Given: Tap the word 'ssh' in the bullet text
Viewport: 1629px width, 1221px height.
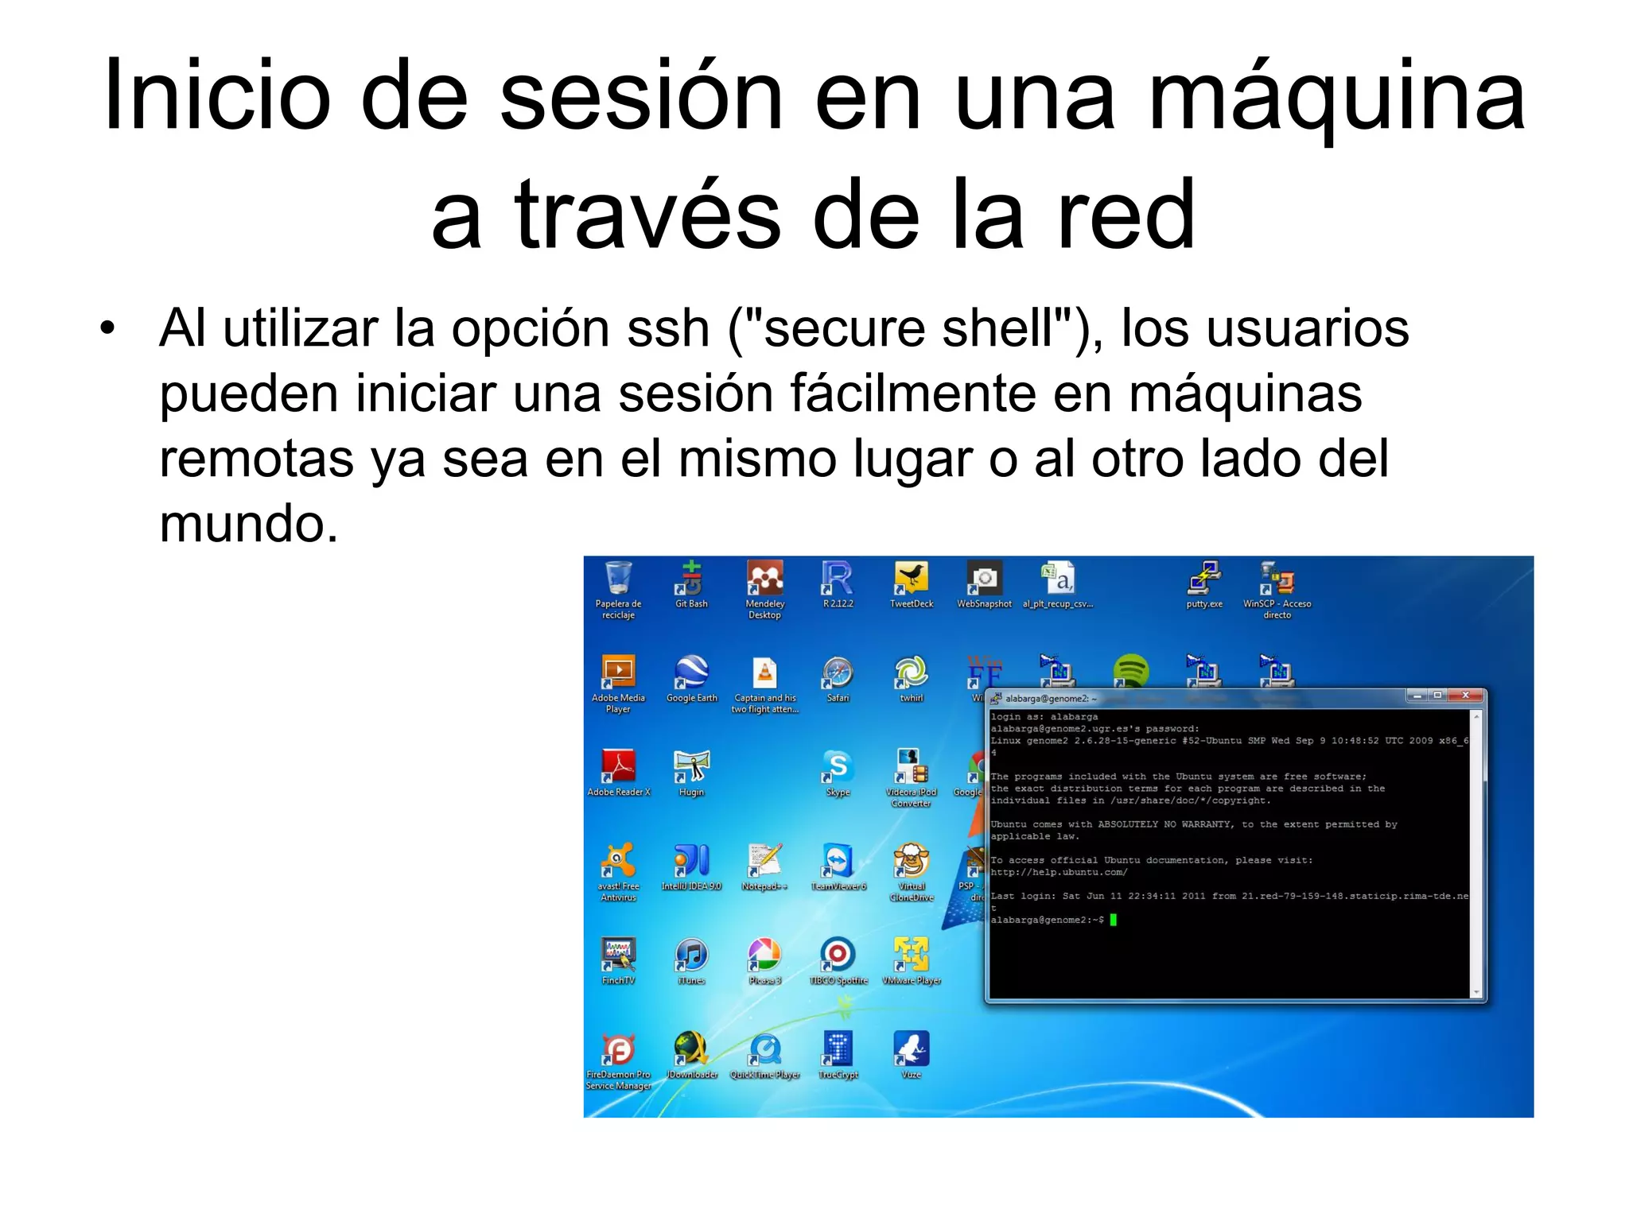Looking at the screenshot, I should point(667,328).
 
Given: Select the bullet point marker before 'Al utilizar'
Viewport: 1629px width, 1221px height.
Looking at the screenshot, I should point(107,328).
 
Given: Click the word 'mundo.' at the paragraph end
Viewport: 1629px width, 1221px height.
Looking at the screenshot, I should point(249,524).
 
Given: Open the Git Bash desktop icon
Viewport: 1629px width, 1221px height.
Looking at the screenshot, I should point(691,579).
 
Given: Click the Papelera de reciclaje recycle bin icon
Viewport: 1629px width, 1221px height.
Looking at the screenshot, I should point(618,579).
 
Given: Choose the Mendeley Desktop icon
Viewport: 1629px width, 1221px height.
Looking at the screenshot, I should point(764,579).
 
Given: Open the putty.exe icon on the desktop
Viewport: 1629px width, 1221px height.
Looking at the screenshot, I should point(1204,579).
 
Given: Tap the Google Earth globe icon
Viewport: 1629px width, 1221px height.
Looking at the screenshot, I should point(691,673).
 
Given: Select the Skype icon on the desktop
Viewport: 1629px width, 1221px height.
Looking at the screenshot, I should point(838,767).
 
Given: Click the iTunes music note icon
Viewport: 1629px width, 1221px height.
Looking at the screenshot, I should point(691,955).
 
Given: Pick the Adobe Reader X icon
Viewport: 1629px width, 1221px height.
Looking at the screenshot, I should point(618,767).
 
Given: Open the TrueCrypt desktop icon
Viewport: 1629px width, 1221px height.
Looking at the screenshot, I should point(838,1049).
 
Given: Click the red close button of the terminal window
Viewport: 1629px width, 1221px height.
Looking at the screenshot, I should point(1465,696).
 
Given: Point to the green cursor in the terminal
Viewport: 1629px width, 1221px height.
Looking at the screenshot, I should point(1114,920).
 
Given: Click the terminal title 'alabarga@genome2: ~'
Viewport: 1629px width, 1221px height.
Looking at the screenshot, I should point(1051,699).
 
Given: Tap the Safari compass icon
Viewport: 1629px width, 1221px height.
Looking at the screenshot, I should point(838,673).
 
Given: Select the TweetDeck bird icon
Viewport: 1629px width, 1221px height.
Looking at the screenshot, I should point(912,579).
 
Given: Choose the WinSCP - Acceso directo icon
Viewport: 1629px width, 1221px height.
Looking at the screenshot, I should point(1277,579).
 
